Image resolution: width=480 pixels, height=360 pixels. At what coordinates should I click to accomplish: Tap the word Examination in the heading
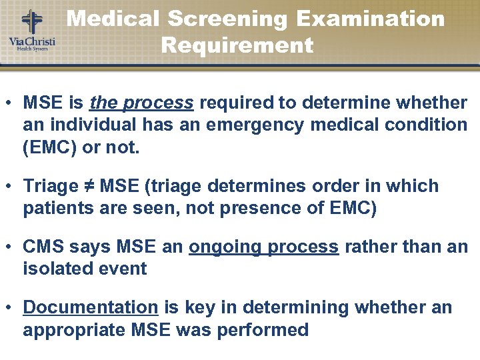(371, 18)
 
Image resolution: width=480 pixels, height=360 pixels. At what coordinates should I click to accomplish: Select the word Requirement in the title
(237, 45)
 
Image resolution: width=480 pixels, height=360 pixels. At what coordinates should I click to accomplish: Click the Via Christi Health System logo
(31, 30)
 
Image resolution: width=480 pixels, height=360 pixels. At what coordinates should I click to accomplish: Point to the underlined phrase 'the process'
(141, 103)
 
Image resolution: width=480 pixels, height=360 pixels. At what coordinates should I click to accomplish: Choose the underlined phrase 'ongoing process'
(263, 247)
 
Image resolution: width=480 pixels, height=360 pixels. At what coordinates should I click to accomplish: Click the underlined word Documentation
(90, 307)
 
